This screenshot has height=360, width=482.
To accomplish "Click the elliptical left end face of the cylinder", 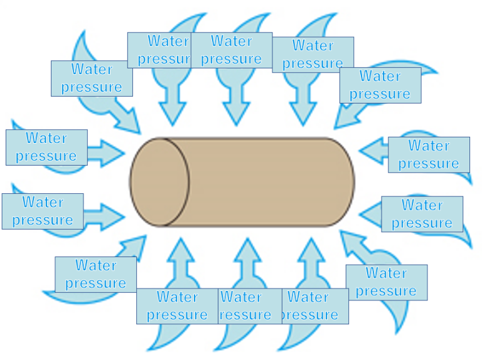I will pyautogui.click(x=161, y=182).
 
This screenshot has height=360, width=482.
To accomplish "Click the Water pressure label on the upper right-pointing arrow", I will pyautogui.click(x=46, y=147).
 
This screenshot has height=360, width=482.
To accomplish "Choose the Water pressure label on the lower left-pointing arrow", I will pyautogui.click(x=422, y=214).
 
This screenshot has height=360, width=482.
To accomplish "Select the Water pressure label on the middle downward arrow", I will pyautogui.click(x=231, y=50).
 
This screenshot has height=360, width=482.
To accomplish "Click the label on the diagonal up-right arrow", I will pyautogui.click(x=95, y=274).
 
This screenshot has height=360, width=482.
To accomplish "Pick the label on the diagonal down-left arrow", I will pyautogui.click(x=380, y=85).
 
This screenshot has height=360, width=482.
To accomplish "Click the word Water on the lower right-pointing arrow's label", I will pyautogui.click(x=43, y=202).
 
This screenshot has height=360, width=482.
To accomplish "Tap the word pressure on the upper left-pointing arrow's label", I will pyautogui.click(x=429, y=163).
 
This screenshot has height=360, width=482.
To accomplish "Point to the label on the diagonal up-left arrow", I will pyautogui.click(x=386, y=282).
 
